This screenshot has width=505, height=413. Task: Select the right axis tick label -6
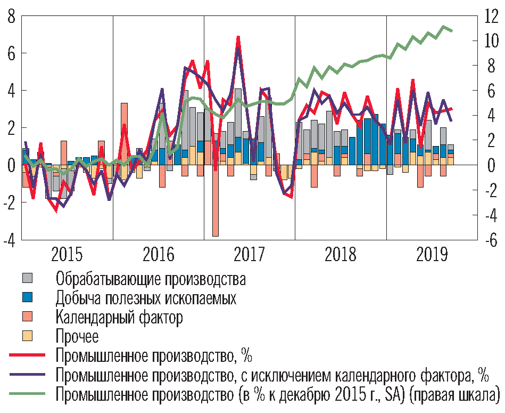point(489,240)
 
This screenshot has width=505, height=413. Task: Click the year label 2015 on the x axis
point(68,256)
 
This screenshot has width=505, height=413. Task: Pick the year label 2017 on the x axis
point(249,256)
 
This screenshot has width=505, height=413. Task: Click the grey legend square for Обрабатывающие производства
point(28,278)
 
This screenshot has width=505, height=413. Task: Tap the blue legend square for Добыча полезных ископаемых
point(28,297)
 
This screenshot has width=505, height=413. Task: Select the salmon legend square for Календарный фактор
point(28,317)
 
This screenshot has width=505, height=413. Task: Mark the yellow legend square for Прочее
point(28,336)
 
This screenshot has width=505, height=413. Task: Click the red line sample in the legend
point(28,355)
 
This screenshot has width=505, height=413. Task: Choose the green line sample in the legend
point(28,394)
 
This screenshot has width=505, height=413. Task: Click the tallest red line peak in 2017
point(238,37)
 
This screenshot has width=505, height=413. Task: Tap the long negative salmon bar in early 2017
point(216,213)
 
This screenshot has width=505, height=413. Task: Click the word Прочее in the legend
point(77,336)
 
